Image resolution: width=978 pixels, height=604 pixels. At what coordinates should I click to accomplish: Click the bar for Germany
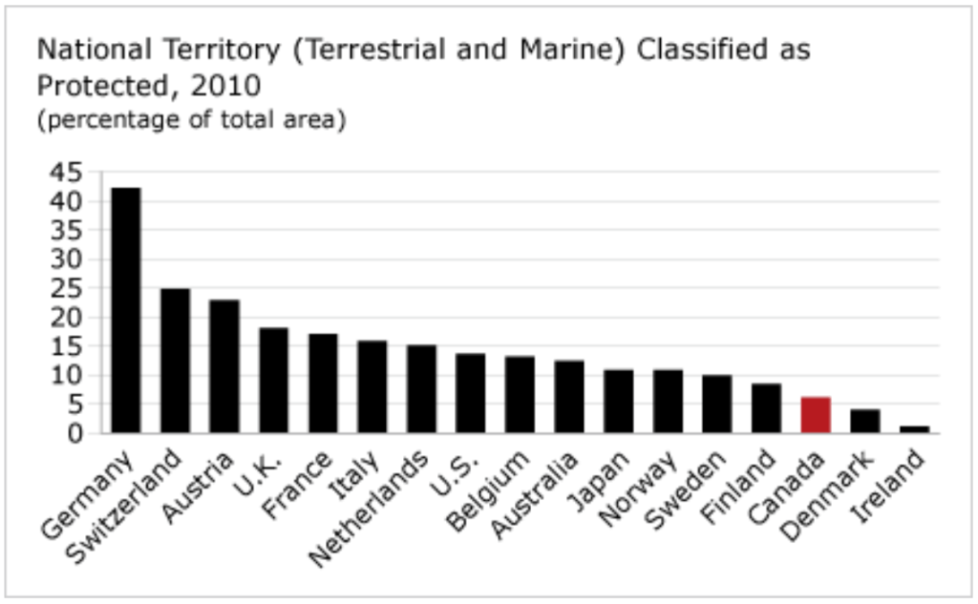[x=126, y=310]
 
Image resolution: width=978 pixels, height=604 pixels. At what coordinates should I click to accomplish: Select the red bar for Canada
[x=815, y=415]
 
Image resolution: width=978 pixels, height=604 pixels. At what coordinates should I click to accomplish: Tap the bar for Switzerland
[x=175, y=361]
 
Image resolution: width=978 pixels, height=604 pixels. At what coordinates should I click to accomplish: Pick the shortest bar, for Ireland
[x=914, y=429]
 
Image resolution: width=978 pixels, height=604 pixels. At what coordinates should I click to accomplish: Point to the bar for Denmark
[x=864, y=421]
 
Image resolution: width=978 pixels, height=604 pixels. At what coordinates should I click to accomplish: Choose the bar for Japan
[x=618, y=401]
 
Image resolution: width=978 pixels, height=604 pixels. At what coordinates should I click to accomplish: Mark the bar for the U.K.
[x=273, y=380]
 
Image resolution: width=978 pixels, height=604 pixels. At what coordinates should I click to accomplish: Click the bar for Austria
[x=224, y=366]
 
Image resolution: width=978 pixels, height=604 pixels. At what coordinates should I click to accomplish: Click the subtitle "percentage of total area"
[x=191, y=122]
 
